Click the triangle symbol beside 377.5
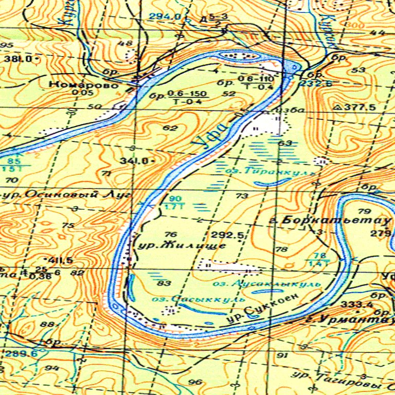point(338,107)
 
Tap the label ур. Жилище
point(183,246)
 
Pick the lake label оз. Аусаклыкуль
point(266,283)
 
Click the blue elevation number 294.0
point(165,16)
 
